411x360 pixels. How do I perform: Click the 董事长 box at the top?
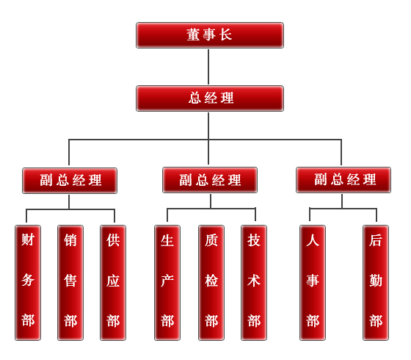pyautogui.click(x=210, y=35)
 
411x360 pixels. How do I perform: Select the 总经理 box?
pyautogui.click(x=210, y=98)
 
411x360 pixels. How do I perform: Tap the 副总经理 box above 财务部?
pyautogui.click(x=70, y=181)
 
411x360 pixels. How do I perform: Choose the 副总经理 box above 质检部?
pyautogui.click(x=210, y=180)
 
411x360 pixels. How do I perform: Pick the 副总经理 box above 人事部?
pyautogui.click(x=343, y=180)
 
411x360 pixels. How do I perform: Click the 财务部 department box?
pyautogui.click(x=28, y=283)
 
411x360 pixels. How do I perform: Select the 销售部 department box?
pyautogui.click(x=70, y=283)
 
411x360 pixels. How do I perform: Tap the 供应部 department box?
pyautogui.click(x=113, y=283)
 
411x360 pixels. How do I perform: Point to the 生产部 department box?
pyautogui.click(x=167, y=283)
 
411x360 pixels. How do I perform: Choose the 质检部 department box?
pyautogui.click(x=211, y=283)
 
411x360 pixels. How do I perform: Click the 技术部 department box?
pyautogui.click(x=254, y=283)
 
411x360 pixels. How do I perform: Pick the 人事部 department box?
pyautogui.click(x=313, y=283)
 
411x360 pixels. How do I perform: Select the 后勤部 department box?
pyautogui.click(x=376, y=283)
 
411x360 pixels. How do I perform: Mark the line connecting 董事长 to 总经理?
pyautogui.click(x=208, y=67)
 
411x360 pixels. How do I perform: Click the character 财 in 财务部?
pyautogui.click(x=28, y=240)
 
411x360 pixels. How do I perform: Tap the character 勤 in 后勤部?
pyautogui.click(x=376, y=281)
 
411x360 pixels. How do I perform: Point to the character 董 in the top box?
pyautogui.click(x=193, y=35)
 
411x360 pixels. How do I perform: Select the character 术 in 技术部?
pyautogui.click(x=254, y=281)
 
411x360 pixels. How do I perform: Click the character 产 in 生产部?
pyautogui.click(x=167, y=281)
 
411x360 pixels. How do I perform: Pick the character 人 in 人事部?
pyautogui.click(x=313, y=240)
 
